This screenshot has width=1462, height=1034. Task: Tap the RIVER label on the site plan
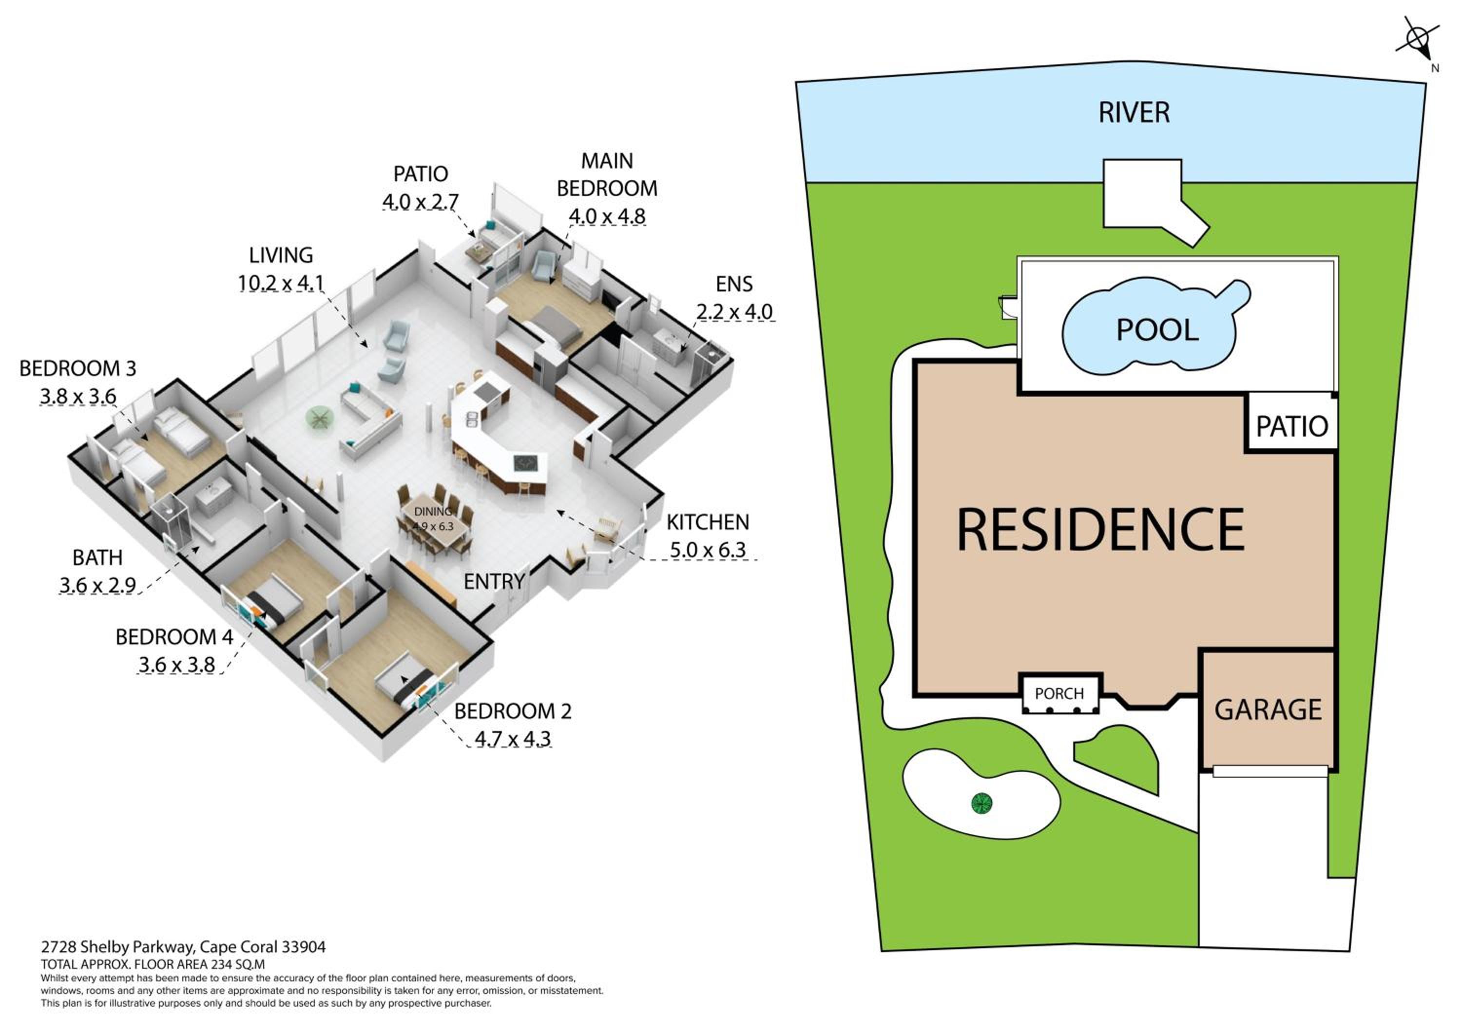click(x=1134, y=113)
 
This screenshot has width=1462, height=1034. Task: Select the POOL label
click(x=1157, y=330)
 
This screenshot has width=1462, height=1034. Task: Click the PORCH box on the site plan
click(x=1061, y=693)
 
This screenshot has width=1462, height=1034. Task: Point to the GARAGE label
click(x=1268, y=710)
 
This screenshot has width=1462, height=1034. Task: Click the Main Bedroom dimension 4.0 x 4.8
click(x=607, y=216)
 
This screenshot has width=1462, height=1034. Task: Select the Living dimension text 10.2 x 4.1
click(x=281, y=283)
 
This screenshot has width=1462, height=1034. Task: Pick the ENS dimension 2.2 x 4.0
click(x=734, y=312)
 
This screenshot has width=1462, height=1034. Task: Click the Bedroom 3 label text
click(x=77, y=369)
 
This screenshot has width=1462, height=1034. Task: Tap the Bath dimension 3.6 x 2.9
click(x=97, y=585)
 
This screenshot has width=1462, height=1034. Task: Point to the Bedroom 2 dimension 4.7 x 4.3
click(x=513, y=739)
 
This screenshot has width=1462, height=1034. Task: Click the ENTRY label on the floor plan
click(x=494, y=581)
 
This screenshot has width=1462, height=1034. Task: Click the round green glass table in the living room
click(x=320, y=418)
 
